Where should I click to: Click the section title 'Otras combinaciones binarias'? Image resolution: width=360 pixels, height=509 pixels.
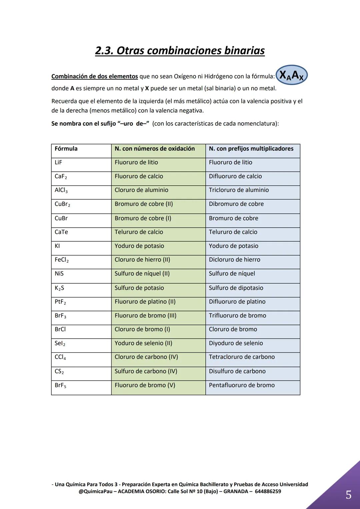pos(180,51)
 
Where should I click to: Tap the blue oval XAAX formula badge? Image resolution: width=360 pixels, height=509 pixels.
pos(291,75)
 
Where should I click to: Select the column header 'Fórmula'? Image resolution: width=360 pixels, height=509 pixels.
pos(66,149)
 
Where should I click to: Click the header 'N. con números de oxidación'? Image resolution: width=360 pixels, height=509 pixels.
pos(155,149)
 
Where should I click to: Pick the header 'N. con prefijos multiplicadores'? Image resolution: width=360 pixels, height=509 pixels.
pos(251,149)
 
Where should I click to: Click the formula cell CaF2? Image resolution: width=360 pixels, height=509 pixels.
pos(61,176)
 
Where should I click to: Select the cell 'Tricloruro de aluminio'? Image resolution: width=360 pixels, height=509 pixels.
pos(239,190)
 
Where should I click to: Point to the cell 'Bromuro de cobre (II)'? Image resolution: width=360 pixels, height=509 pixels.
pos(144,204)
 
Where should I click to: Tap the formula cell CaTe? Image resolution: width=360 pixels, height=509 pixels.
pos(61,232)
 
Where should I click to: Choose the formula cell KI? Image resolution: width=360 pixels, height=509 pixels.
pos(57,246)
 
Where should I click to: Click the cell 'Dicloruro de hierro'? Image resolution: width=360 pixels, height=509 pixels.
pos(234,260)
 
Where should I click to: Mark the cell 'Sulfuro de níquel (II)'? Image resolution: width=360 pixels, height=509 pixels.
pos(142,274)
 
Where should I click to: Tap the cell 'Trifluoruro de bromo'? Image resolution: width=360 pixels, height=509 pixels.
pos(237,316)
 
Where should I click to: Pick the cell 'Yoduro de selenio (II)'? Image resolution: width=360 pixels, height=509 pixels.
pos(143,343)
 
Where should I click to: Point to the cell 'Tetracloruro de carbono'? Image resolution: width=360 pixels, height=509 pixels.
pos(242,357)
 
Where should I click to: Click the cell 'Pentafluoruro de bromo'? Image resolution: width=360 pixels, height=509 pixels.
pos(242,385)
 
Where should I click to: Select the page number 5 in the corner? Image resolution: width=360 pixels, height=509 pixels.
pos(348,495)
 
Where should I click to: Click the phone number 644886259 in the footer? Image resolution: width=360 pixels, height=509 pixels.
pos(268,491)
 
